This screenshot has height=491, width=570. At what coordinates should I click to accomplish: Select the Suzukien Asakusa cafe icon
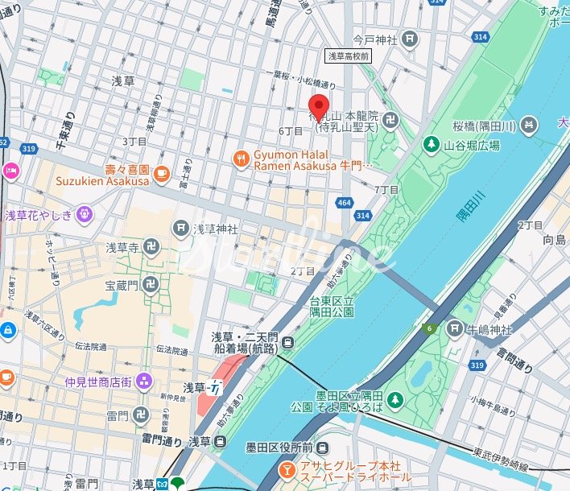tap(161, 171)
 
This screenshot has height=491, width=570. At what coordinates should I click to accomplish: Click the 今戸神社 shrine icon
tap(411, 38)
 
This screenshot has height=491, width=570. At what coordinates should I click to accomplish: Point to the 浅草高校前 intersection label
tap(348, 56)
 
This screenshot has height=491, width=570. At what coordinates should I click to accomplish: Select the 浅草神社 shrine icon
tap(181, 229)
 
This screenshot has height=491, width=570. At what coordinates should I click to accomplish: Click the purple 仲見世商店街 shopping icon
tap(144, 381)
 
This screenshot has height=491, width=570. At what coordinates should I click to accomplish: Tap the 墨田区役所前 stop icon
tap(321, 448)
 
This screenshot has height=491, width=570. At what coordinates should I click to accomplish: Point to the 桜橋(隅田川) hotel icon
tap(528, 125)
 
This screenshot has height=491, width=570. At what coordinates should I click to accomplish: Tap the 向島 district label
tap(554, 240)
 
